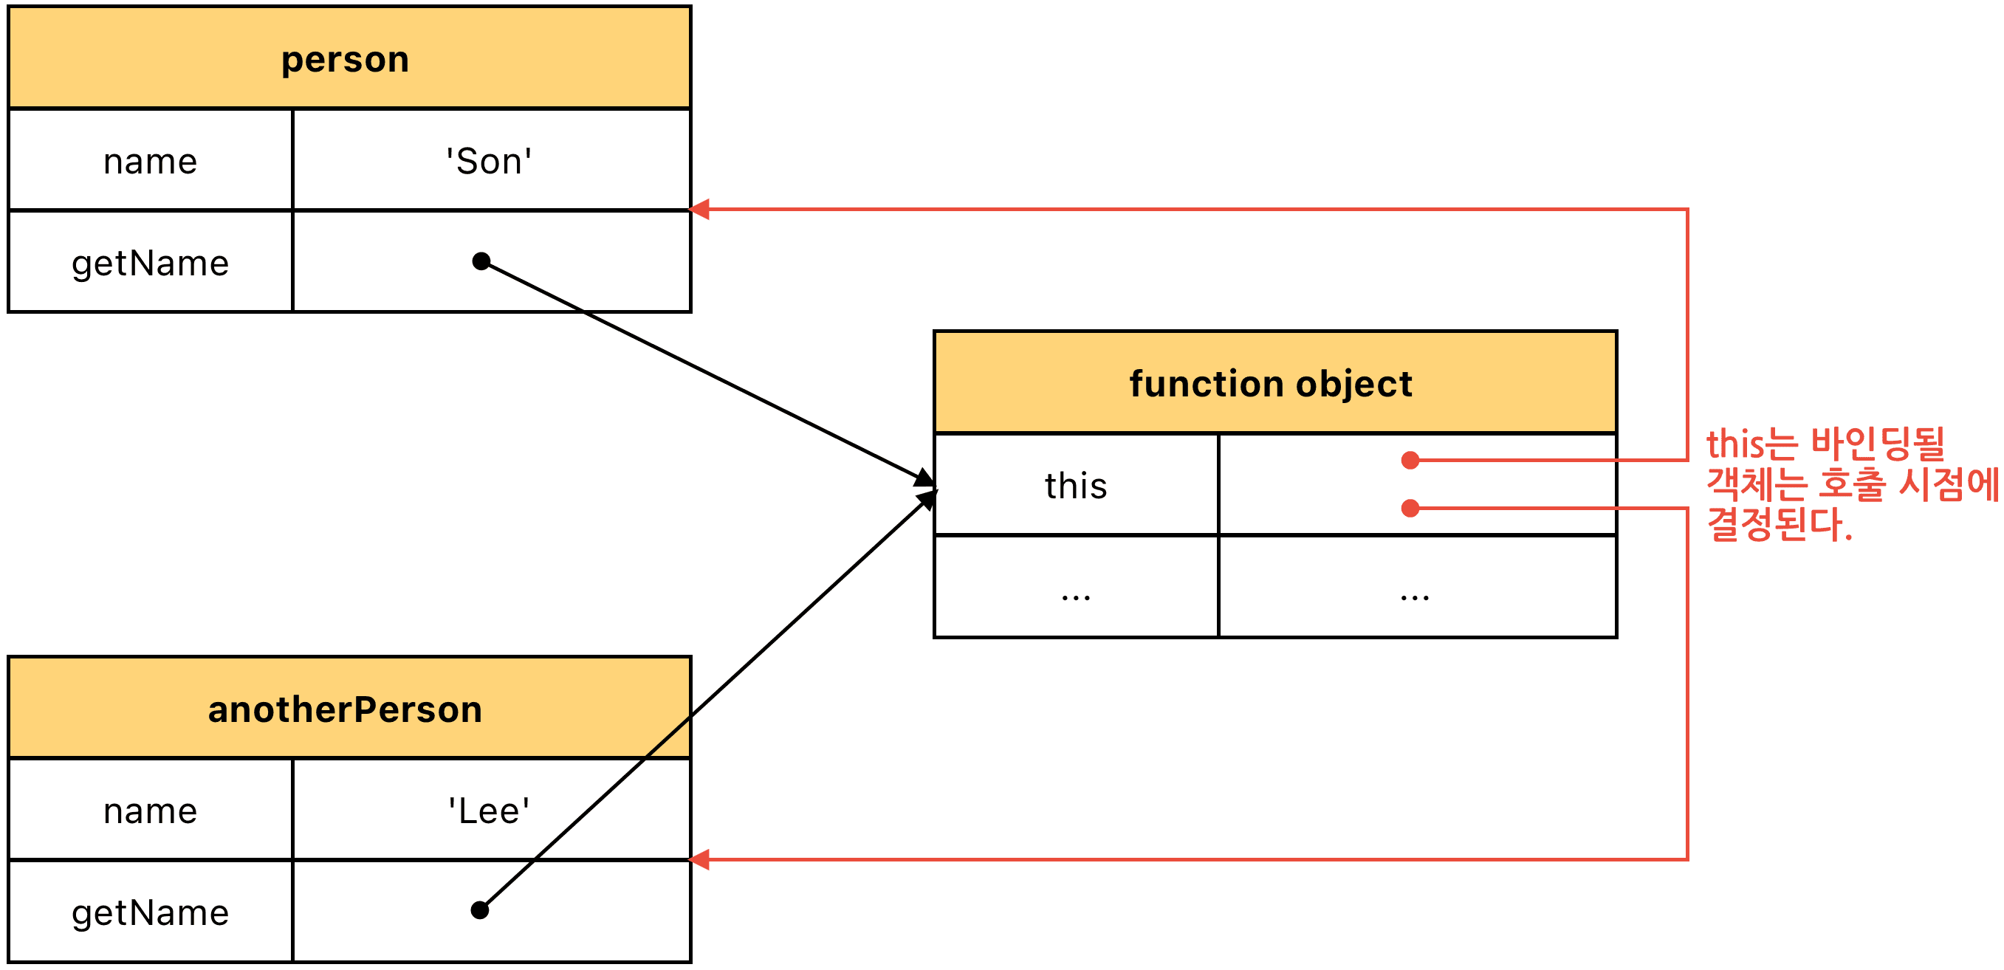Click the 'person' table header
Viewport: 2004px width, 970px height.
point(349,58)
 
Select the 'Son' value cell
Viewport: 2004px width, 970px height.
point(492,160)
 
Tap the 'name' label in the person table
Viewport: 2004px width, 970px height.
point(150,162)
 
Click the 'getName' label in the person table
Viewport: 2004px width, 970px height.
point(150,264)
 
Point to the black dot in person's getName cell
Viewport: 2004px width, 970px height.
point(481,261)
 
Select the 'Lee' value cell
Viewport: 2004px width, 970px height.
point(492,810)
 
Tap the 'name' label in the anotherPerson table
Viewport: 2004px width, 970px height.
point(150,811)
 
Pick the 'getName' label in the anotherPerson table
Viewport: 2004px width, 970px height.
point(150,913)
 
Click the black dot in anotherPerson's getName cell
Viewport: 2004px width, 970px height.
point(480,910)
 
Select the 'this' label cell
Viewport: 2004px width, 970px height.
point(1076,484)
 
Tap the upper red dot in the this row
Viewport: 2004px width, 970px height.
point(1410,461)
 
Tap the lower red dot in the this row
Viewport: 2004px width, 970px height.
point(1410,509)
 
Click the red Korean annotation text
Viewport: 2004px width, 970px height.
point(1852,484)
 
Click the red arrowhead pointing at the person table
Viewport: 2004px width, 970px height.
point(699,209)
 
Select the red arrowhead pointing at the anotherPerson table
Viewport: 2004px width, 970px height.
point(699,859)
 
